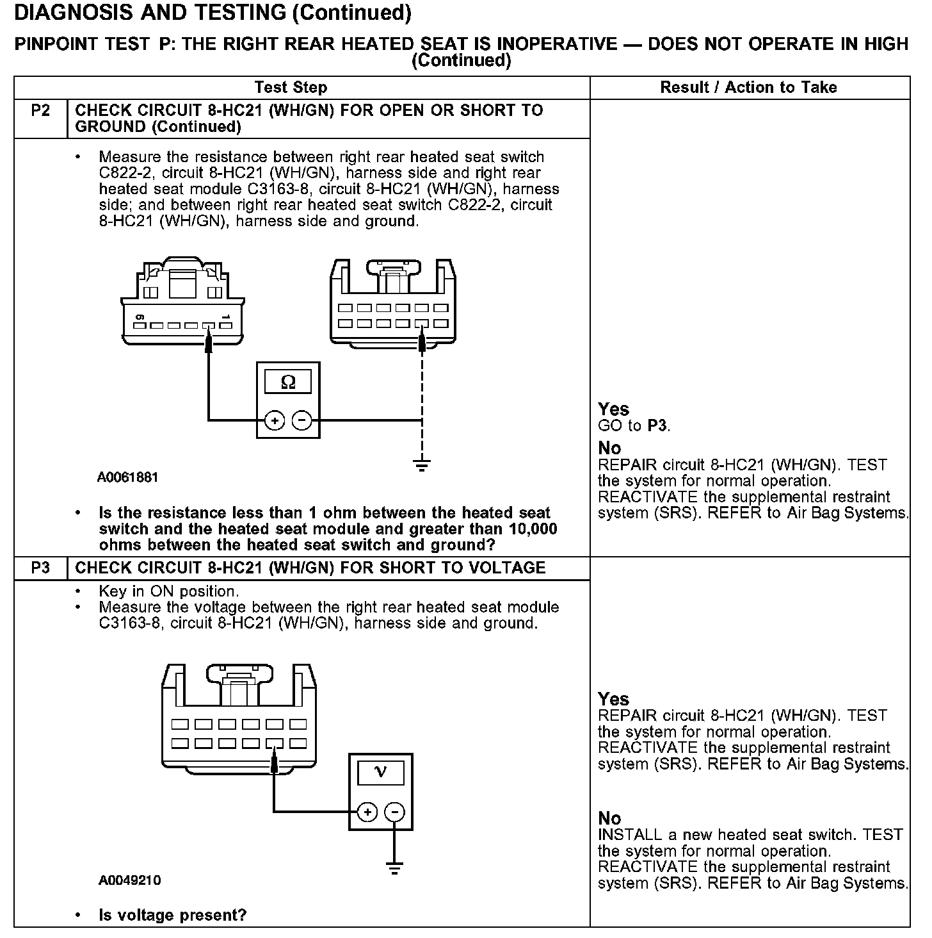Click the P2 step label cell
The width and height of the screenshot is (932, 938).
pos(40,111)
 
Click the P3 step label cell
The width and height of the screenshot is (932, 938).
pos(40,568)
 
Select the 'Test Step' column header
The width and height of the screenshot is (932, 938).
pos(291,88)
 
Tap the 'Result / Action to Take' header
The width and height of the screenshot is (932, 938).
pos(748,88)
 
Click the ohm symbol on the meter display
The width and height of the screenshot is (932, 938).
pos(288,383)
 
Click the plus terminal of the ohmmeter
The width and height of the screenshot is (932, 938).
pos(275,421)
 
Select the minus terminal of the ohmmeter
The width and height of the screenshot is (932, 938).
pos(301,421)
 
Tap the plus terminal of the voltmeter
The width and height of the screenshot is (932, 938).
pos(367,812)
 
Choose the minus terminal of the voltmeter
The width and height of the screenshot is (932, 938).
pos(394,812)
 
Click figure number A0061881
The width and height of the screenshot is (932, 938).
pos(128,477)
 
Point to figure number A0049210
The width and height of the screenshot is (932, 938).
pos(129,880)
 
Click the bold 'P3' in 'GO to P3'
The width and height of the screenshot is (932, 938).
pos(657,426)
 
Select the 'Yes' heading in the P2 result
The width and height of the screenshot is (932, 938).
pos(613,409)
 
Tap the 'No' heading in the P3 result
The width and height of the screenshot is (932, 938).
pos(609,818)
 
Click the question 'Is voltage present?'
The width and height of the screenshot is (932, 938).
pos(172,915)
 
